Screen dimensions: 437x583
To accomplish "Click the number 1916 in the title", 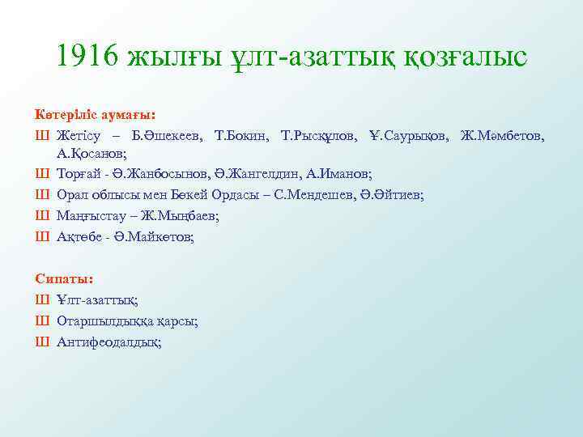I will pyautogui.click(x=88, y=56).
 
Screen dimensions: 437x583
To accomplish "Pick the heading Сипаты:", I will pyautogui.click(x=64, y=278).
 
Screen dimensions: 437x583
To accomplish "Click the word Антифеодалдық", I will pyautogui.click(x=109, y=342).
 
